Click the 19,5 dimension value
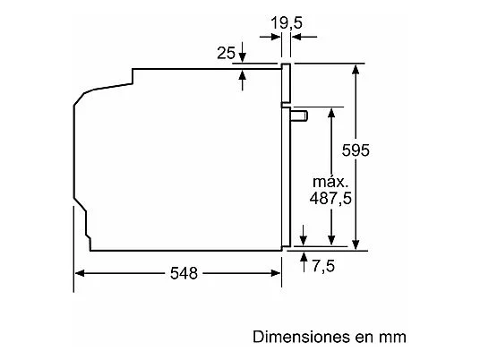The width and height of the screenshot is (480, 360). [x=287, y=22]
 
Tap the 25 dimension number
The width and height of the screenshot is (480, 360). [x=226, y=53]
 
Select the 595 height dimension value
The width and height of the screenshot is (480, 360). [x=356, y=150]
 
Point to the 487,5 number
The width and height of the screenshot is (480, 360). [x=330, y=198]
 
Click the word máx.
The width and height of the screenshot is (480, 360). [x=330, y=182]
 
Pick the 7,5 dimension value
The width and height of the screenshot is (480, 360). [x=323, y=265]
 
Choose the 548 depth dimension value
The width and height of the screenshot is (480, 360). [x=184, y=273]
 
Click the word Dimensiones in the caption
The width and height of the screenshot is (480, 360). [x=301, y=337]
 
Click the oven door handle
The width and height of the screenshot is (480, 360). [x=299, y=116]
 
